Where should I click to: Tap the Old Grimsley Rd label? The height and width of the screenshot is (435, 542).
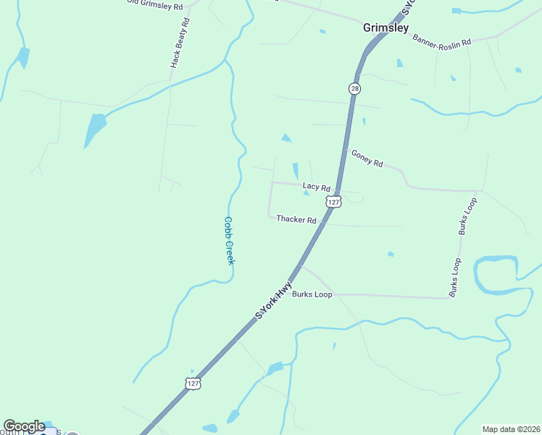[154, 4]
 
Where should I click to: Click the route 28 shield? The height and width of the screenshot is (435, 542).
[354, 88]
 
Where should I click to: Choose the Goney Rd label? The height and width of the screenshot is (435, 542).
[367, 158]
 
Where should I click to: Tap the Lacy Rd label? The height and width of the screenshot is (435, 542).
[317, 186]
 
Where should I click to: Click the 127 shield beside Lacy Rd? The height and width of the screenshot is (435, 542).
[333, 201]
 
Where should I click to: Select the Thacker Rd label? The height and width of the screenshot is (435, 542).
[296, 219]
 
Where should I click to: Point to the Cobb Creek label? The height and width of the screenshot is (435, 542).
[228, 240]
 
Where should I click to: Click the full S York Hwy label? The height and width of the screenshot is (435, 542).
[273, 300]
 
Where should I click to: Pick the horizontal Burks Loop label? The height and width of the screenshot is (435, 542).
[312, 294]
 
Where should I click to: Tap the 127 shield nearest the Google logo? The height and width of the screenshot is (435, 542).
[192, 384]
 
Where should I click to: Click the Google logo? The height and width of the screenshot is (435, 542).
[24, 426]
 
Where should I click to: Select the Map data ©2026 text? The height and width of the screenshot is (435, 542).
[511, 428]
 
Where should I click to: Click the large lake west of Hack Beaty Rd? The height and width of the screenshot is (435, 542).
[94, 129]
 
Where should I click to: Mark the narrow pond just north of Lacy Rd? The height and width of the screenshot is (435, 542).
[295, 171]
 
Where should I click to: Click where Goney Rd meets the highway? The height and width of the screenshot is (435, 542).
[346, 150]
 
